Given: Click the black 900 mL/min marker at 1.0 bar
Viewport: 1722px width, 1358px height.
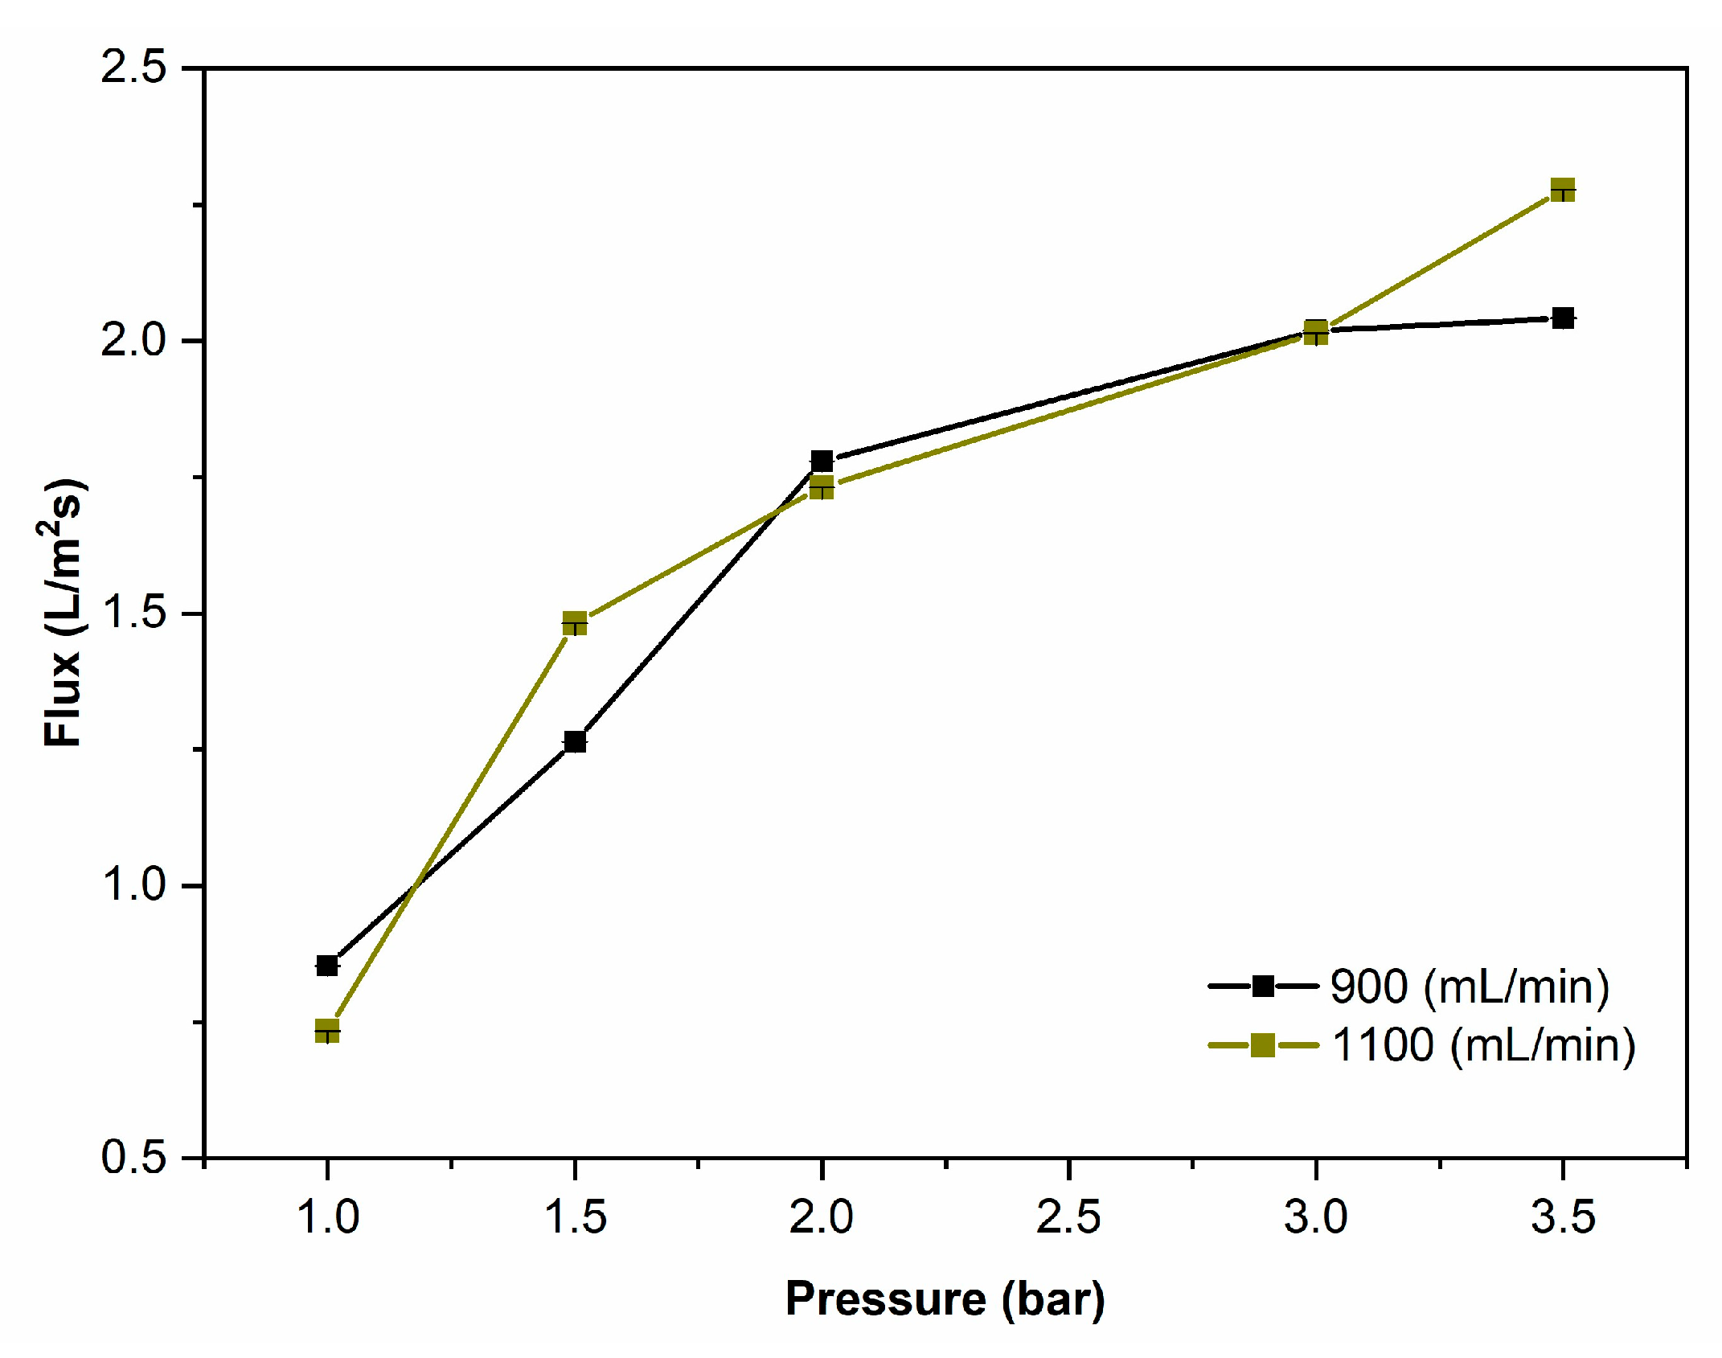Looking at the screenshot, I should point(327,965).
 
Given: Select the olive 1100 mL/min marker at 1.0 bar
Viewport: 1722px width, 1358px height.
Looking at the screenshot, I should point(327,1031).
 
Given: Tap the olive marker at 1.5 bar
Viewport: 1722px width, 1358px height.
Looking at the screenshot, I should point(575,623).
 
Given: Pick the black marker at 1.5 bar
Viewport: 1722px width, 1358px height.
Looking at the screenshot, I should point(575,741).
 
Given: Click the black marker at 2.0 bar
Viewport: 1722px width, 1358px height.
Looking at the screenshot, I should point(822,461).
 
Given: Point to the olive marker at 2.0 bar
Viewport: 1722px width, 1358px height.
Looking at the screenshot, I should point(822,487).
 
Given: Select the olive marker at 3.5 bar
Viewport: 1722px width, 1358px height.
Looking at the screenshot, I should point(1562,191).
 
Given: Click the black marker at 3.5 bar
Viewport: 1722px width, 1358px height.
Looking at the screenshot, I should point(1563,318).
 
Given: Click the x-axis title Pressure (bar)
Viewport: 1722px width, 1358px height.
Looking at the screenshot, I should point(945,1299).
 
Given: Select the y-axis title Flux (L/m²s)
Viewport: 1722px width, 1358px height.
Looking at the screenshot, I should point(63,613).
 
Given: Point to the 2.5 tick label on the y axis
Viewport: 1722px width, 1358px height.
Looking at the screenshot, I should point(133,68).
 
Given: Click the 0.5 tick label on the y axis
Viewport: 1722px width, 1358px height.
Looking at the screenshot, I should point(133,1157).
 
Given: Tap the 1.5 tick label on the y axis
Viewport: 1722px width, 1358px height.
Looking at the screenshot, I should point(133,613).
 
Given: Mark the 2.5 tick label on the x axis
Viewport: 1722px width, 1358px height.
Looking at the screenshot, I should point(1068,1216).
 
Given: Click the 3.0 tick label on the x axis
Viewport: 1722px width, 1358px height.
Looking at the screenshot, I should point(1315,1216).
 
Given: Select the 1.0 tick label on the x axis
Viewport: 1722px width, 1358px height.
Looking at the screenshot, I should point(327,1216).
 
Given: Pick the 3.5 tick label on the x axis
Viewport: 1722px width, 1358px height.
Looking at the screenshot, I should point(1562,1216).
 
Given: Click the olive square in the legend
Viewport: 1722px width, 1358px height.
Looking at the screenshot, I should point(1263,1045).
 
